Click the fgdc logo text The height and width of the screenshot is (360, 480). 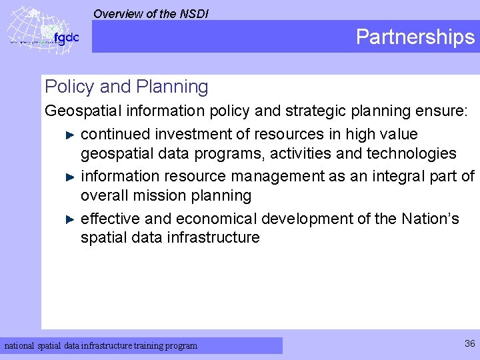(66, 37)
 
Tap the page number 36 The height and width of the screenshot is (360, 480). (470, 343)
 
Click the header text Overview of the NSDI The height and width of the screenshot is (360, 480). (151, 13)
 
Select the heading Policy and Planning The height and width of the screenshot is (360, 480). (126, 87)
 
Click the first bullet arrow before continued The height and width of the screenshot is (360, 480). (71, 135)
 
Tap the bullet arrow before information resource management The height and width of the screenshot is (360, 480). (71, 177)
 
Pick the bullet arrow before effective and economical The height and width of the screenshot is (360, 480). (71, 219)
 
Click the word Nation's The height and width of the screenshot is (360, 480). (430, 218)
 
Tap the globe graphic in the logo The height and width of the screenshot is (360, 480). (30, 30)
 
